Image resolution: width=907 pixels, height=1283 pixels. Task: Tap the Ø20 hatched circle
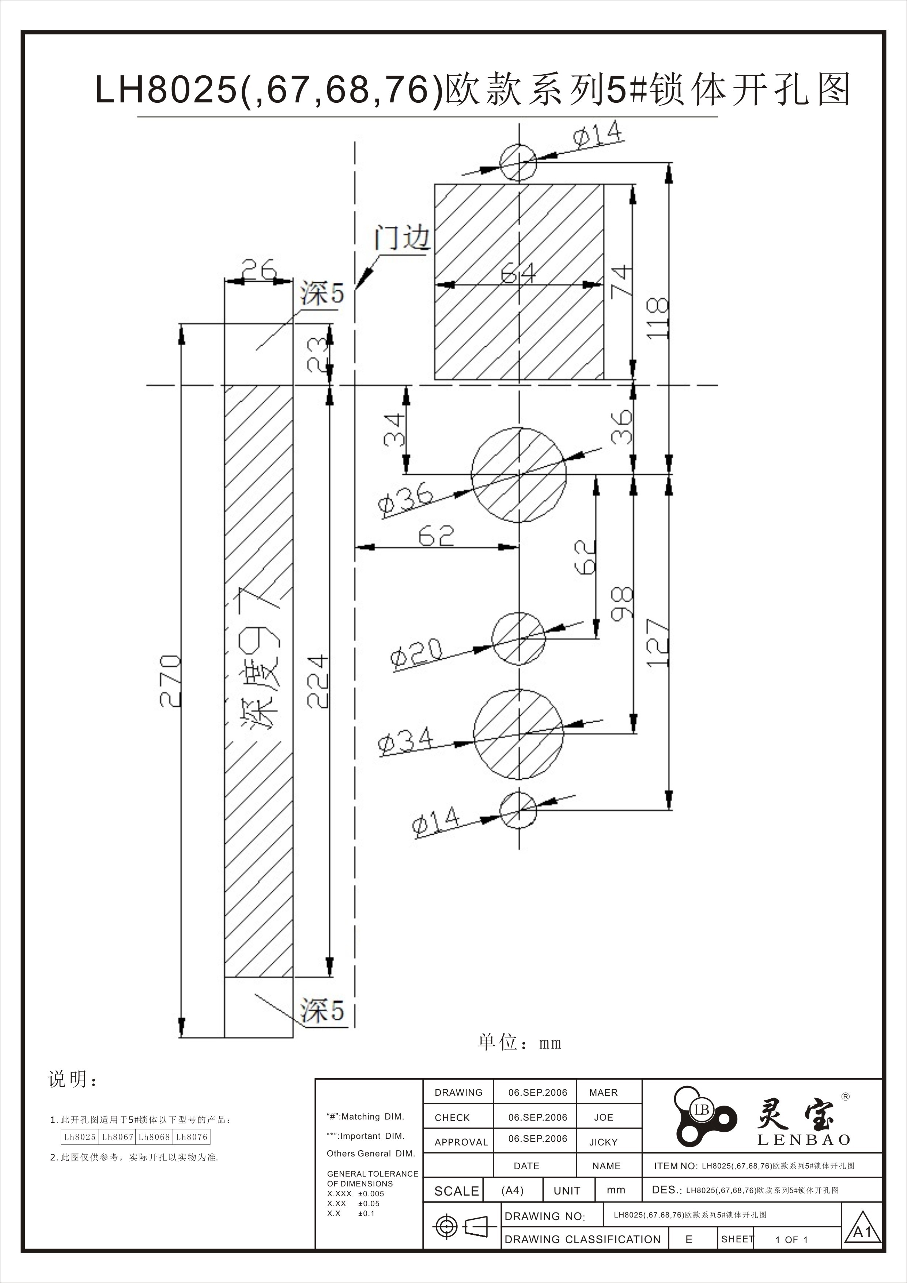tap(518, 638)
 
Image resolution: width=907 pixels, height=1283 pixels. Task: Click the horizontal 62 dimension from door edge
tap(436, 537)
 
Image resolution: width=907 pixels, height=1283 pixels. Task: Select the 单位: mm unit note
tap(519, 1043)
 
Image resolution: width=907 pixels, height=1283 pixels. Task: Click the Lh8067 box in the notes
tap(117, 1137)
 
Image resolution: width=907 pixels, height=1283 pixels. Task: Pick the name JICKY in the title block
tap(603, 1142)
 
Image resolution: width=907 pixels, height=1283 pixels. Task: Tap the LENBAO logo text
tap(803, 1140)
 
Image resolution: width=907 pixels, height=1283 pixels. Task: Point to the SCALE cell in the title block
tap(456, 1191)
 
